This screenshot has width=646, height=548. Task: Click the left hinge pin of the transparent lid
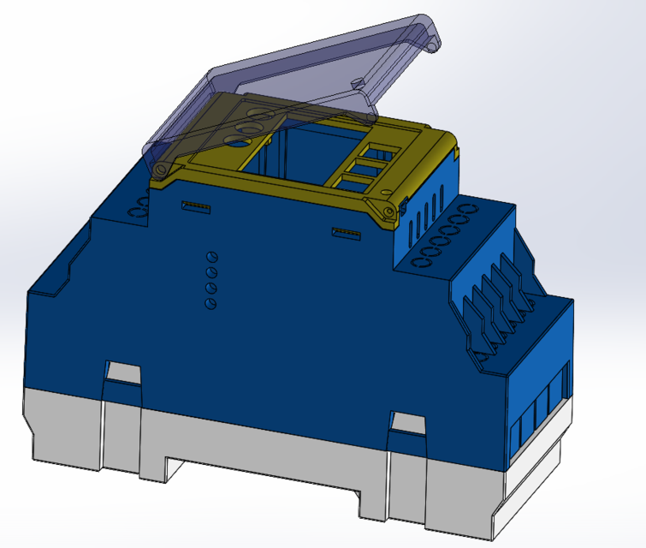159,170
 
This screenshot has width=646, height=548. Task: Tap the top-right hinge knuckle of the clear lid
435,41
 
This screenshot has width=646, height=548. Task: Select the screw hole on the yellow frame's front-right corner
389,210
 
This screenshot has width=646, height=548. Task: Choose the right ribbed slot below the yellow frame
346,232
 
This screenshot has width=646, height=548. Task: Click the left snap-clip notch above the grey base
122,373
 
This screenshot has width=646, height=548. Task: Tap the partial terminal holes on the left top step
139,208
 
